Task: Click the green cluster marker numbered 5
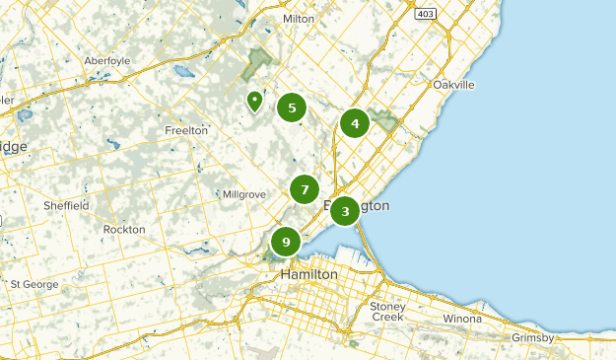pos(291,108)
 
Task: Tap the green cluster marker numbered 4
pos(354,123)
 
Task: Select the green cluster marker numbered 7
pos(305,189)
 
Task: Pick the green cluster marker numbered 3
pos(344,211)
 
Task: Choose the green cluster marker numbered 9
pos(286,242)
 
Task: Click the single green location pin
pos(254,101)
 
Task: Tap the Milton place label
pos(298,19)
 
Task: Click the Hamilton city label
pos(308,273)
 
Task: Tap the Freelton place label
pos(185,130)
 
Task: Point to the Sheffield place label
pos(66,205)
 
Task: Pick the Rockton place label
pos(123,229)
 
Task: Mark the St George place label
pos(34,284)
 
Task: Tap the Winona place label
pos(462,319)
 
